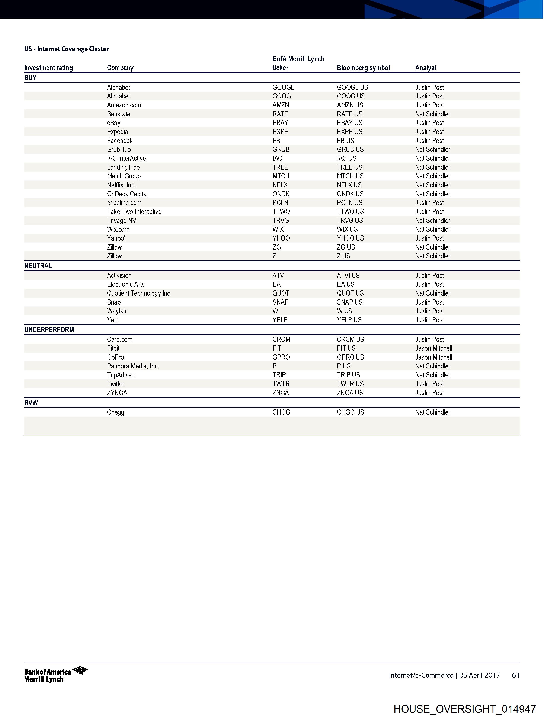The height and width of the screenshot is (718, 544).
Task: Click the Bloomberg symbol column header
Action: [x=363, y=68]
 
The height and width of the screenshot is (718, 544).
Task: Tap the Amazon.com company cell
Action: [x=124, y=105]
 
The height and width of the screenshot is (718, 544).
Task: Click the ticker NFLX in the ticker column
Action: [x=280, y=185]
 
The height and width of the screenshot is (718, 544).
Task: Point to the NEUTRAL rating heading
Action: [x=38, y=266]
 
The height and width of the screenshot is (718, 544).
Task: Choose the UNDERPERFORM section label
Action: [x=49, y=330]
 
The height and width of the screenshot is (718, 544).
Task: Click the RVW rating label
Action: [x=31, y=403]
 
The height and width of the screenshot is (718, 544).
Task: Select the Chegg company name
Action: [x=115, y=412]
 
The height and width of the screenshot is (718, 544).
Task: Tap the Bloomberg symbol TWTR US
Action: [x=350, y=384]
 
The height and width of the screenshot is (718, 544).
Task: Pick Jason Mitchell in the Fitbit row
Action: [x=433, y=348]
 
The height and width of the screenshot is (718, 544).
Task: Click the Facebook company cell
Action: [x=120, y=140]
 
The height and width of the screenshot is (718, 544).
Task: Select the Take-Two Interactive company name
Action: [x=134, y=212]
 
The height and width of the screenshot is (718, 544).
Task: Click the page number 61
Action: [x=515, y=675]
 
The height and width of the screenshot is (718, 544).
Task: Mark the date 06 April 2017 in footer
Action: [x=479, y=675]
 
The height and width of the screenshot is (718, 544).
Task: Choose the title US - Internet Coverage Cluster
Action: [x=67, y=49]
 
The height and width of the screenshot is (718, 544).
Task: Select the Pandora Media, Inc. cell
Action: [x=133, y=366]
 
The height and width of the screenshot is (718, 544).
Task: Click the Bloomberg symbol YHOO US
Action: [x=350, y=238]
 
